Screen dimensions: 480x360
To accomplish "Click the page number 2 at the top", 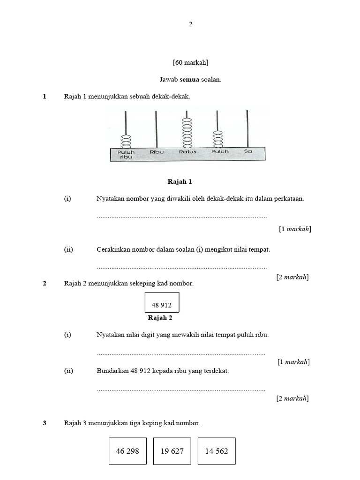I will pyautogui.click(x=190, y=24).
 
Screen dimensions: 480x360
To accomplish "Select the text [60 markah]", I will pyautogui.click(x=190, y=62).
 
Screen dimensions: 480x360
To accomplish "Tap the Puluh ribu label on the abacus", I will pyautogui.click(x=126, y=154).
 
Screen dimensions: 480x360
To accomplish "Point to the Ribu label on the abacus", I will pyautogui.click(x=156, y=152).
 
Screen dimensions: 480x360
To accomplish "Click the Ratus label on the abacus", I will pyautogui.click(x=187, y=152).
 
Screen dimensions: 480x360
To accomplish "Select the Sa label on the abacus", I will pyautogui.click(x=248, y=152).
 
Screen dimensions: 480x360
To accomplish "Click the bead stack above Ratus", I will pyautogui.click(x=187, y=132).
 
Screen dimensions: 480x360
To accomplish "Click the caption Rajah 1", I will pyautogui.click(x=180, y=181).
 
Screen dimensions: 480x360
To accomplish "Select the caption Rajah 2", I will pyautogui.click(x=160, y=317).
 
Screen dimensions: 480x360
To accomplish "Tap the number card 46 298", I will pyautogui.click(x=127, y=451).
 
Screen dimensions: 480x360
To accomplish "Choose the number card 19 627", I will pyautogui.click(x=172, y=451).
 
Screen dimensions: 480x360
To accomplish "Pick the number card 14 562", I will pyautogui.click(x=217, y=451).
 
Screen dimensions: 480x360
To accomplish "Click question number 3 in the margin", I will pyautogui.click(x=45, y=423).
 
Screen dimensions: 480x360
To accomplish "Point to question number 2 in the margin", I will pyautogui.click(x=45, y=283).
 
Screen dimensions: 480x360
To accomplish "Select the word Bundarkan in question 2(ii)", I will pyautogui.click(x=112, y=370).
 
